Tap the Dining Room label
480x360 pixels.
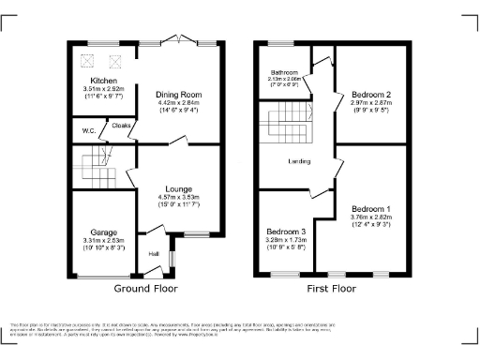click(178, 94)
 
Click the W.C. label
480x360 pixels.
click(88, 130)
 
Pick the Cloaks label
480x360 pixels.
click(121, 123)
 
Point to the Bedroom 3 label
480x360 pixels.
click(285, 231)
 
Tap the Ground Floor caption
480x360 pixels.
click(145, 289)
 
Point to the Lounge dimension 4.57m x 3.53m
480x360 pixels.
click(178, 198)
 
